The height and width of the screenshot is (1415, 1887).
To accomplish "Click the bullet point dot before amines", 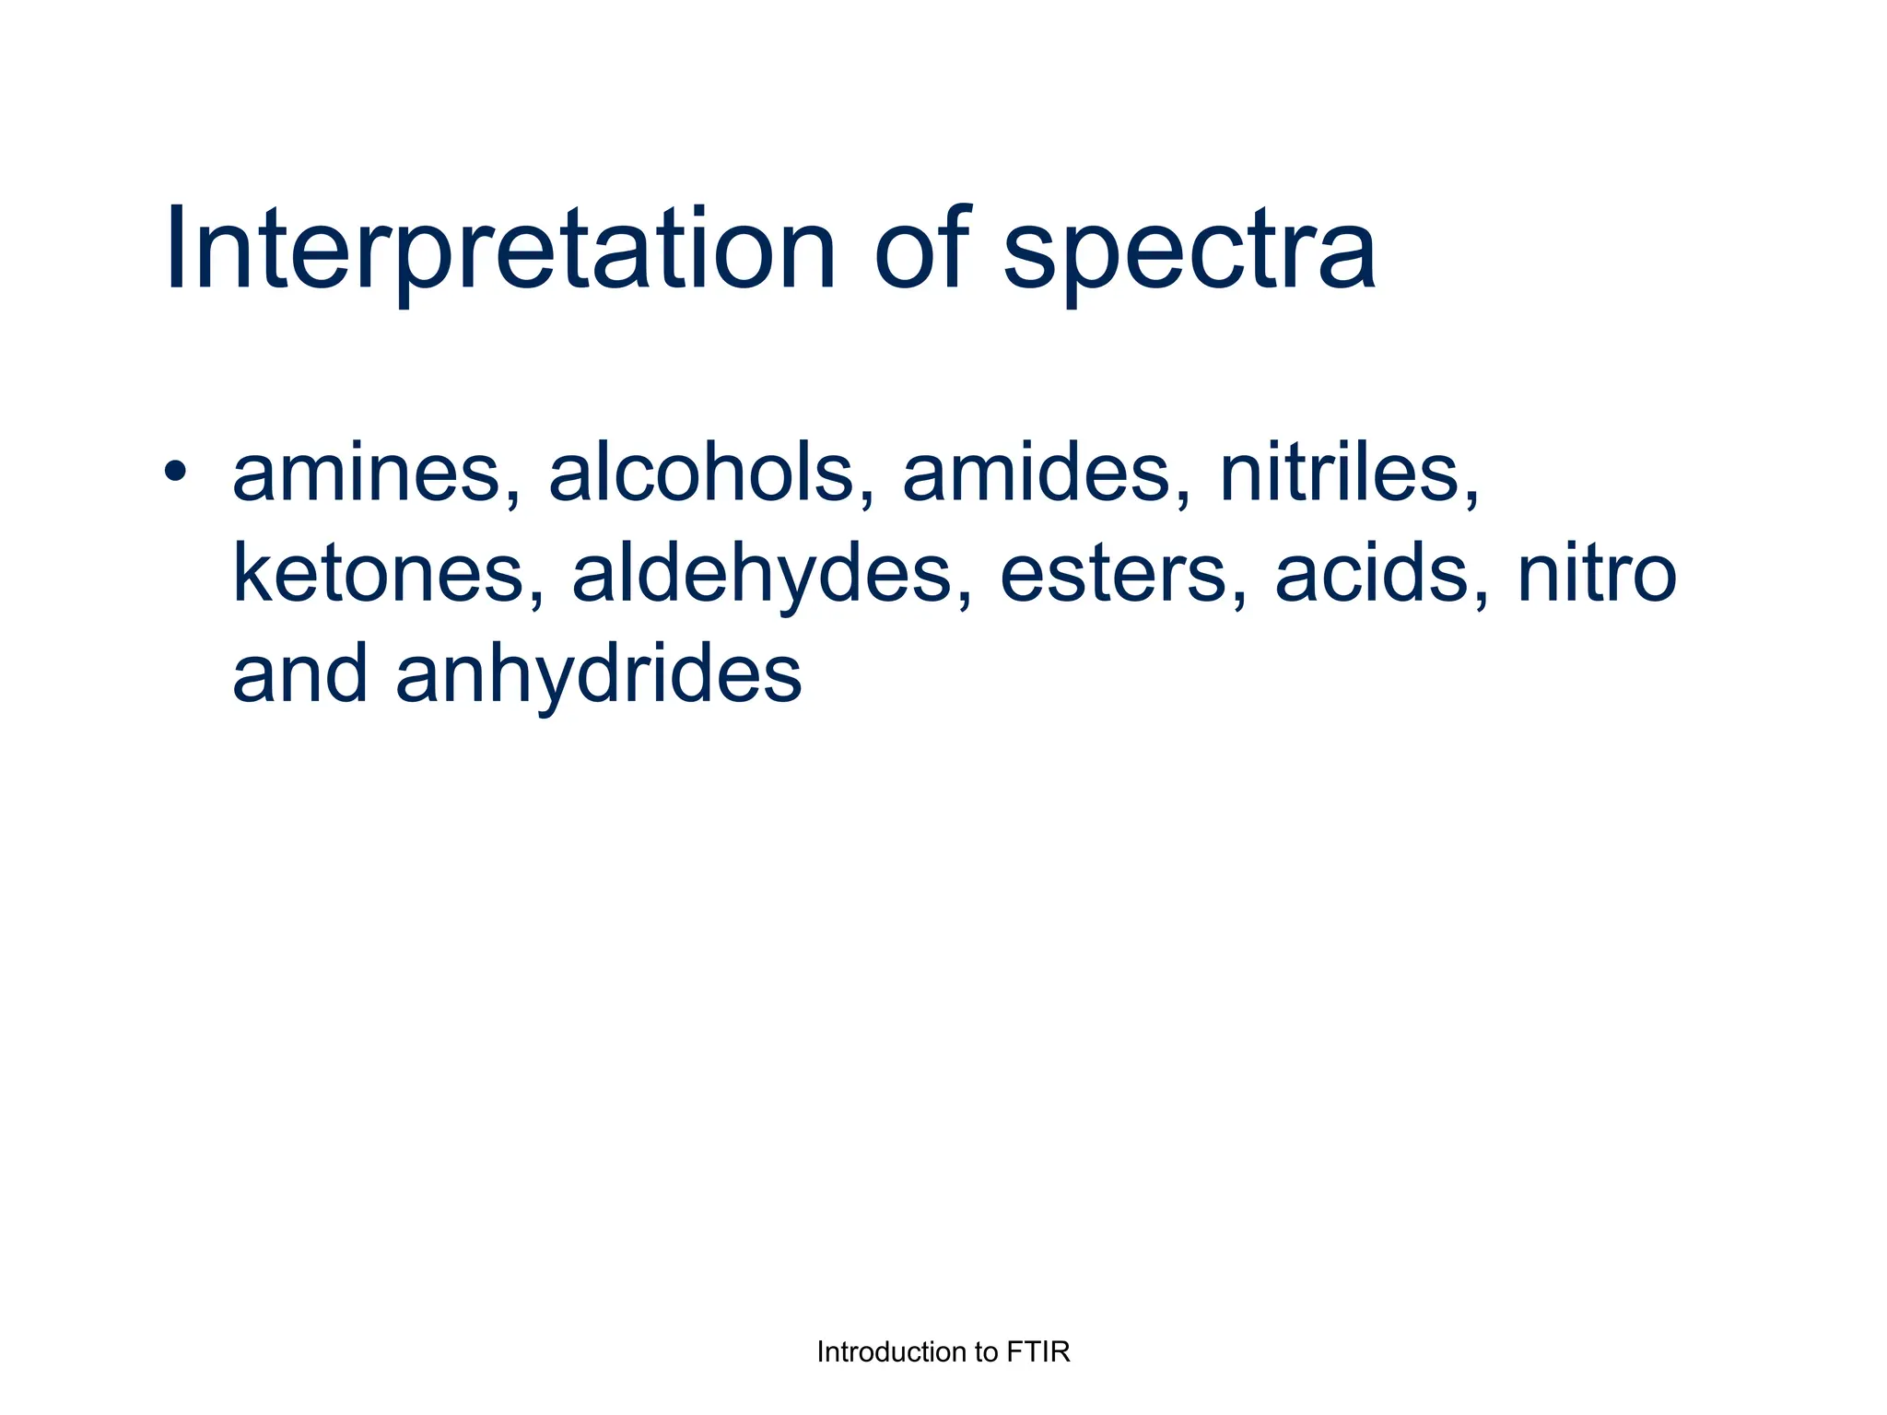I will click(174, 472).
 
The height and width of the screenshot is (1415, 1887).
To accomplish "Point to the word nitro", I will click(1597, 574).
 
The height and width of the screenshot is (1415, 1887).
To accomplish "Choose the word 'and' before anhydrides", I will click(299, 674).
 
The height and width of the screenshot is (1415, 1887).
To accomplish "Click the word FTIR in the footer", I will click(1038, 1352).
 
